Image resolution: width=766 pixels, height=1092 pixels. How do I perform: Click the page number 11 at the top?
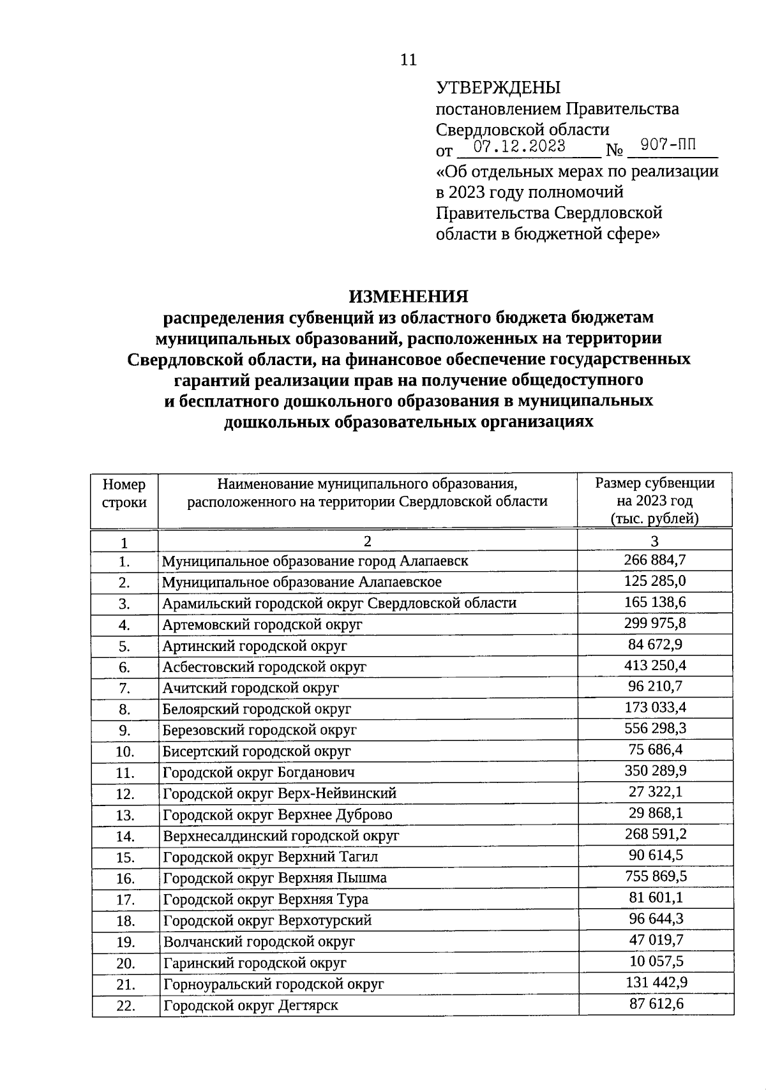pyautogui.click(x=408, y=60)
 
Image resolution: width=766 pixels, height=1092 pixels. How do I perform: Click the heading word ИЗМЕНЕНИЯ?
pyautogui.click(x=408, y=297)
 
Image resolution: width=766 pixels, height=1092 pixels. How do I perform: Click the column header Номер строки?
pyautogui.click(x=124, y=493)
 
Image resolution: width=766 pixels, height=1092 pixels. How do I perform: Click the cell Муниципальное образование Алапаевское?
pyautogui.click(x=301, y=582)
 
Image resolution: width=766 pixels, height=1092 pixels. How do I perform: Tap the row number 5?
pyautogui.click(x=124, y=646)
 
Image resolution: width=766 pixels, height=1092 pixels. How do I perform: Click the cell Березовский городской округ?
pyautogui.click(x=259, y=729)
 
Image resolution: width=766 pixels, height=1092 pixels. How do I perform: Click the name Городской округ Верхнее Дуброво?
pyautogui.click(x=278, y=814)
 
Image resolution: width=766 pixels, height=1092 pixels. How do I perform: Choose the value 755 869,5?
pyautogui.click(x=656, y=876)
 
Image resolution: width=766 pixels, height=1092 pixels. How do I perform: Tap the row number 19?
pyautogui.click(x=124, y=941)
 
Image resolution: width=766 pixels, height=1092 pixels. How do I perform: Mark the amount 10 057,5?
pyautogui.click(x=656, y=961)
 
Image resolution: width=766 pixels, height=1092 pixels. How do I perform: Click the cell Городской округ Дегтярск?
pyautogui.click(x=250, y=1005)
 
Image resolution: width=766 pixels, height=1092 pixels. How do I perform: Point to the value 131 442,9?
pyautogui.click(x=656, y=982)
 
